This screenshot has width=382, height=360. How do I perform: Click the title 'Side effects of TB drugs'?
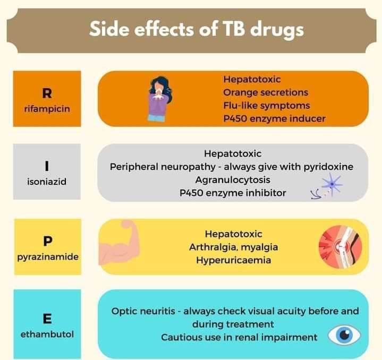[x=196, y=29]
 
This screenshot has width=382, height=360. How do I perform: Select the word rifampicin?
[x=47, y=109]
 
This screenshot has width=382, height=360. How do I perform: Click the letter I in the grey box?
[x=47, y=166]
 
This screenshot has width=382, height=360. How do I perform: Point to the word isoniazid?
[x=47, y=182]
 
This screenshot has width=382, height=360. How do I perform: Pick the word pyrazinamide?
[x=47, y=256]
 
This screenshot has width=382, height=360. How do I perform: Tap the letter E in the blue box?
[x=47, y=319]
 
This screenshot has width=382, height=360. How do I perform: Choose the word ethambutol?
[x=47, y=335]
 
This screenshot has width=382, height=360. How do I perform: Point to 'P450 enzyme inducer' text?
[x=274, y=118]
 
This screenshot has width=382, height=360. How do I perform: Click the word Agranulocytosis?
[x=232, y=179]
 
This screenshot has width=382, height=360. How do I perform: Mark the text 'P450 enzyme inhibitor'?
[x=232, y=193]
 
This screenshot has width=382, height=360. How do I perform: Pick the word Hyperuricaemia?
[x=233, y=260]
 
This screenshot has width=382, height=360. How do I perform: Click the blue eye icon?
[x=344, y=335]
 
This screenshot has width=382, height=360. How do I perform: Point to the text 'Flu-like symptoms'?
[x=266, y=105]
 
